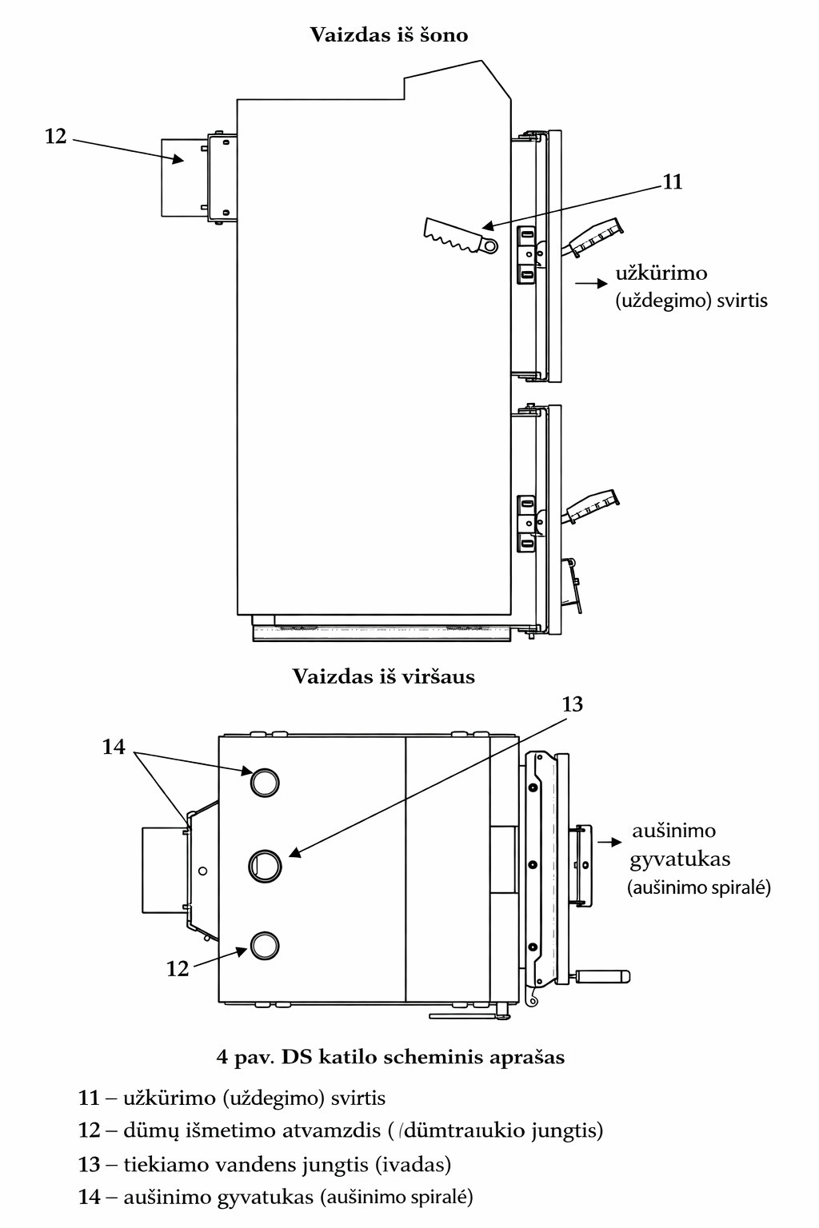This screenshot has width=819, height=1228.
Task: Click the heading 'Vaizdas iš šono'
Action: tap(389, 35)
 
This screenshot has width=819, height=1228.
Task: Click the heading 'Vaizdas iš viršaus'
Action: tap(383, 676)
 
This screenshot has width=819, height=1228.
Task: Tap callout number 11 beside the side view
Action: tap(673, 182)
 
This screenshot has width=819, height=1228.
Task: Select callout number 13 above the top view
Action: tap(573, 704)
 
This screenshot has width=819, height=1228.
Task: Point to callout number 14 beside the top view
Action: tap(114, 747)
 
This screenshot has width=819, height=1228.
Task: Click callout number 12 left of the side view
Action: tap(55, 137)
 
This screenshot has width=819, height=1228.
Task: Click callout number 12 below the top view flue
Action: tap(177, 969)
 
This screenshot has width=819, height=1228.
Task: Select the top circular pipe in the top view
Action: tap(265, 782)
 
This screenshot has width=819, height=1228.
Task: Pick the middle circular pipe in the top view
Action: tap(265, 864)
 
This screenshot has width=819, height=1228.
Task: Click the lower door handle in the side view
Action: tap(593, 507)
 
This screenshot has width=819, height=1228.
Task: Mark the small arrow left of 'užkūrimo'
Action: tap(591, 283)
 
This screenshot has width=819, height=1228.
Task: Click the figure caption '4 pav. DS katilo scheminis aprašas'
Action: tap(390, 1057)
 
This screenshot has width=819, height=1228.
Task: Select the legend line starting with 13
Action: tap(265, 1164)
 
